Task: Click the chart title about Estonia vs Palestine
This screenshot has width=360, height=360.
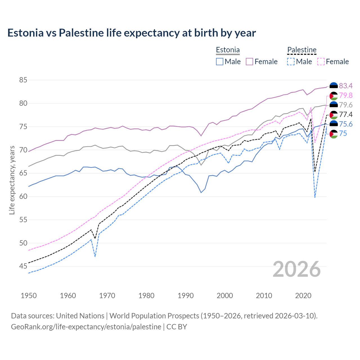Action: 132,33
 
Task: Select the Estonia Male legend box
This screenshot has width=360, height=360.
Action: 220,62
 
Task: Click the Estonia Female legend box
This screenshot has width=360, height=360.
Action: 249,62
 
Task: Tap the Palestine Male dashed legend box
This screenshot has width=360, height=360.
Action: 291,62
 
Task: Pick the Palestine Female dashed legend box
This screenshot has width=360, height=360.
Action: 321,62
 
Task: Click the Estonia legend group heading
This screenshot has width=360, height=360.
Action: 228,50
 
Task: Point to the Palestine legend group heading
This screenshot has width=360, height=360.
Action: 302,50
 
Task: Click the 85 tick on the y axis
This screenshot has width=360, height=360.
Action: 23,80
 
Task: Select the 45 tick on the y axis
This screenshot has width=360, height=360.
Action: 23,266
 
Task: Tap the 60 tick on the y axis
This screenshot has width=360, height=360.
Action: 23,197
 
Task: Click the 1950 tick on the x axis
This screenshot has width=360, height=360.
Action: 29,296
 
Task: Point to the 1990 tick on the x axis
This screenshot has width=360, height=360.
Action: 186,296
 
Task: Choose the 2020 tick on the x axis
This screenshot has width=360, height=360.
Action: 303,296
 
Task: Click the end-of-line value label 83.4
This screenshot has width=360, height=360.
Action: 346,86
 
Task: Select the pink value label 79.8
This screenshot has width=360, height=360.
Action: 346,96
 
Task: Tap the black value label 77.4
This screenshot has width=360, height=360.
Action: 346,114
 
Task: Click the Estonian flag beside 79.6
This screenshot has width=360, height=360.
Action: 334,105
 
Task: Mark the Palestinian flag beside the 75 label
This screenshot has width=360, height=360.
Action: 334,134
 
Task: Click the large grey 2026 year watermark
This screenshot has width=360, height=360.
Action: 297,269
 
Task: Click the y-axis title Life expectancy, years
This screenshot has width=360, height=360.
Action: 12,180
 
